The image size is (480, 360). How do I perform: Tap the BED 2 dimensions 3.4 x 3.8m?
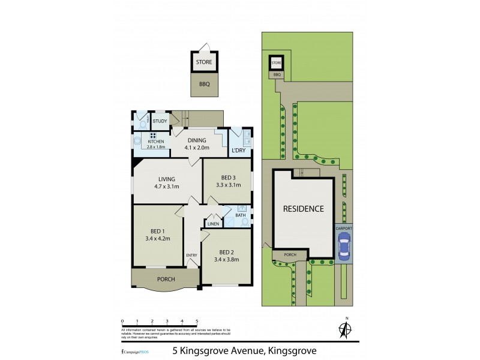[229, 259]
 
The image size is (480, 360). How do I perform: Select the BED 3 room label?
[228, 178]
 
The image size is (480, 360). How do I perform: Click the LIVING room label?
[166, 179]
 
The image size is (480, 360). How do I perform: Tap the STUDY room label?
[160, 121]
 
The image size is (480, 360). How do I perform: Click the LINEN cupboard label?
[213, 224]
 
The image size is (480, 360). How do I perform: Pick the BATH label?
[240, 215]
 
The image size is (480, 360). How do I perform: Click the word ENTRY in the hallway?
[191, 256]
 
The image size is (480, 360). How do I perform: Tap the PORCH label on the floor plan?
[166, 279]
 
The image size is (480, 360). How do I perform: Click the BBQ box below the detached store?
[204, 84]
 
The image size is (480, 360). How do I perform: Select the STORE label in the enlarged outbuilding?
[204, 61]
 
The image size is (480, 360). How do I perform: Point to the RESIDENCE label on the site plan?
[304, 209]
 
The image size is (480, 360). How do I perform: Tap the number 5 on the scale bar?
[197, 321]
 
